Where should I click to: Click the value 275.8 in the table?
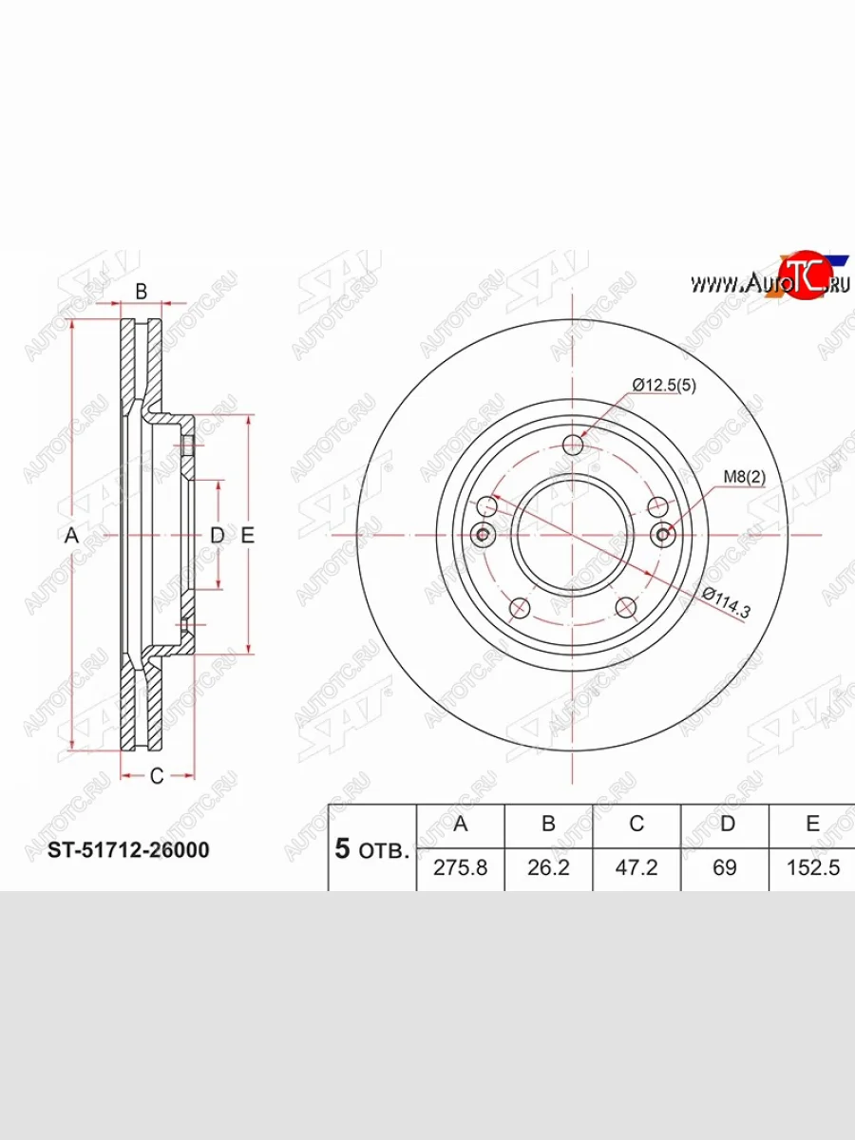pos(461,867)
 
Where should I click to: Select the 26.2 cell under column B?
pos(548,867)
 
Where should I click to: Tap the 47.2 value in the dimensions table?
pos(636,867)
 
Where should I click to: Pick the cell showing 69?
pos(725,867)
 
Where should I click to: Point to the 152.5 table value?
pos(812,867)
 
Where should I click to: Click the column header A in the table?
pos(461,824)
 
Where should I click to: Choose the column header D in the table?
pos(726,824)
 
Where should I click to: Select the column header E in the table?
pos(812,824)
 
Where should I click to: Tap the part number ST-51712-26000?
pos(129,849)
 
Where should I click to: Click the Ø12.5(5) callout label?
pos(665,385)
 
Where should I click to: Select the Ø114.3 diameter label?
pos(726,603)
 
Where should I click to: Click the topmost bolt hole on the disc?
pos(574,445)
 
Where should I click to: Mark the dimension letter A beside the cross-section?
pos(70,536)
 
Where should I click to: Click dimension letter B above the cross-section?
pos(141,292)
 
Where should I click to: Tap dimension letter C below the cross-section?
pos(158,776)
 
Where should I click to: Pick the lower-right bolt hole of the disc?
pos(624,606)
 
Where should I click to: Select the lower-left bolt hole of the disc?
pos(520,606)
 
